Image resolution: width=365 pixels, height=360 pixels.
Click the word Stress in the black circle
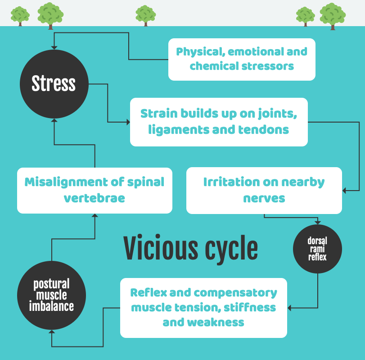[x=54, y=84]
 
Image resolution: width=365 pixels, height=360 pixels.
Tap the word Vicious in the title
[x=161, y=248]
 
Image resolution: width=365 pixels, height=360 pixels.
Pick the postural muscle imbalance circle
[x=51, y=296]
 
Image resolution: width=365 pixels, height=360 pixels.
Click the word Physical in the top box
[x=199, y=51]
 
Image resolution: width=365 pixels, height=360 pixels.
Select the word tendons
[x=265, y=130]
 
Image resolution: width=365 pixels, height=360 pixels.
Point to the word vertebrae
[x=95, y=198]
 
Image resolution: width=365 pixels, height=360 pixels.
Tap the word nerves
[x=264, y=198]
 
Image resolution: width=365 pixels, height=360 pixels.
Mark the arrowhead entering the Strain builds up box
[x=128, y=122]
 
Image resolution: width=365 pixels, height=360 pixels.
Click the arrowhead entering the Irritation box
[x=345, y=191]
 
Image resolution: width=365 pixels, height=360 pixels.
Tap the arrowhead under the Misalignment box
[x=95, y=216]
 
